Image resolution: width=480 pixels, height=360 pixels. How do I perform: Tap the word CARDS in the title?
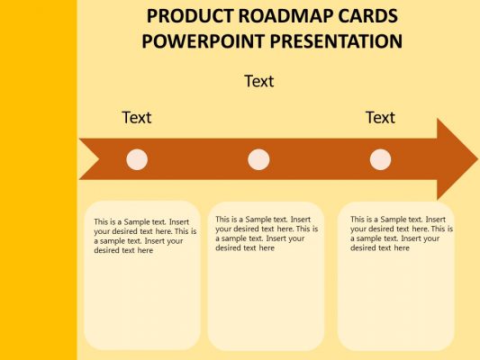click(366, 16)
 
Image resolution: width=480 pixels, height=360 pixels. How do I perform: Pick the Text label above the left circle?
click(137, 117)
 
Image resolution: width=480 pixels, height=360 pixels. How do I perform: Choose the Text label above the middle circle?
click(258, 81)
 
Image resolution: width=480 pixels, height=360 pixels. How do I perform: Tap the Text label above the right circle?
click(380, 117)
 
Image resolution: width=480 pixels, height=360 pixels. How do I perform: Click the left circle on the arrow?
click(137, 159)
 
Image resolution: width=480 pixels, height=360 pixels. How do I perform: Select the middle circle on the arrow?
click(258, 159)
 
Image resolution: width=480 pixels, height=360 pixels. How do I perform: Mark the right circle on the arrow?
click(381, 159)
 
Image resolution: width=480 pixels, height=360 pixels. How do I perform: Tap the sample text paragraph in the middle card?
click(267, 233)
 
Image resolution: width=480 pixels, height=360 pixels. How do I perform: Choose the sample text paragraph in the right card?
click(400, 233)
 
